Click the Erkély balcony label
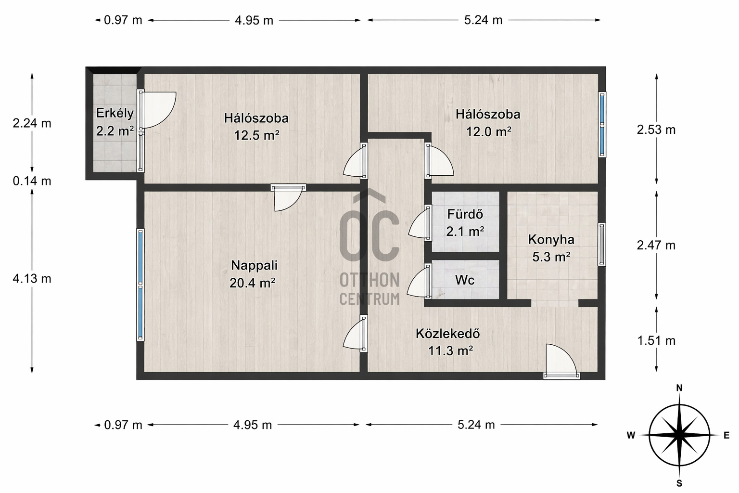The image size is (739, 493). [115, 113]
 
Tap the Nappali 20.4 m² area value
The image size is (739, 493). [253, 283]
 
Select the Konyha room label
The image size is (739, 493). [551, 240]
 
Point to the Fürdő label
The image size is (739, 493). [465, 214]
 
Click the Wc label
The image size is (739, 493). [464, 280]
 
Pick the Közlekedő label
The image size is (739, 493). [448, 334]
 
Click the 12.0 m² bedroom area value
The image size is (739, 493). [489, 132]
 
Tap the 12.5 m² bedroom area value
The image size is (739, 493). [256, 135]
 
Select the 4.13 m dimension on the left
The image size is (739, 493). [32, 279]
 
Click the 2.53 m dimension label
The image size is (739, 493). [656, 130]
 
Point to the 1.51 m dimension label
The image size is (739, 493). [656, 340]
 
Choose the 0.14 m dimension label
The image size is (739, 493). [32, 181]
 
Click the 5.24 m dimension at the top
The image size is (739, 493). [484, 20]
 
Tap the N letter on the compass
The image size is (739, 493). [679, 388]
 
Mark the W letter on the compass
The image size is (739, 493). [631, 436]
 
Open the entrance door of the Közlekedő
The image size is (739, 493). [561, 361]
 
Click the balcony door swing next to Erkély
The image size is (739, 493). [158, 110]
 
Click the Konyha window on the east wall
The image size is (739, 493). [602, 245]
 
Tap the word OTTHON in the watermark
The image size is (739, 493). [369, 280]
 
